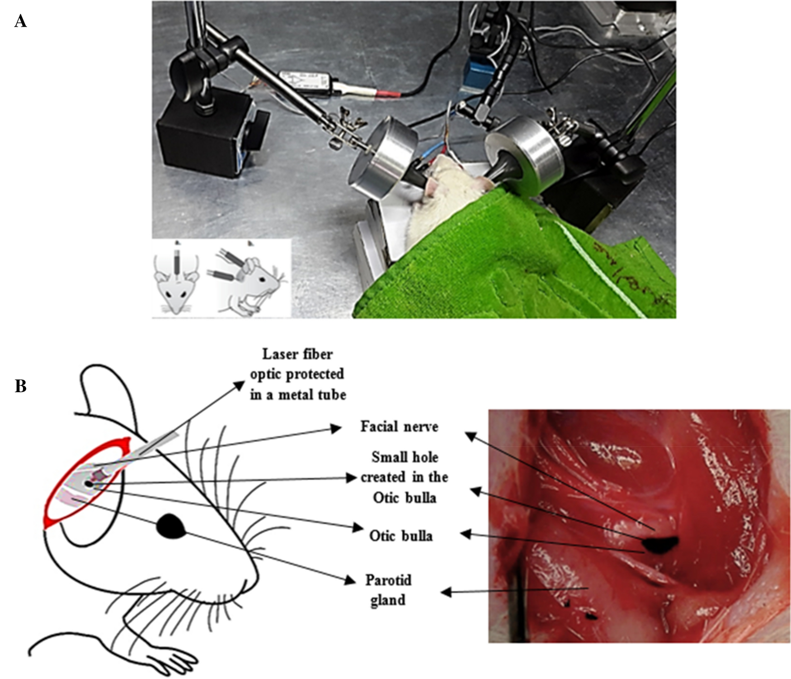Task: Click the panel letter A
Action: click(20, 21)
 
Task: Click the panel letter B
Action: click(20, 386)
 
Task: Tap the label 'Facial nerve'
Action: click(399, 427)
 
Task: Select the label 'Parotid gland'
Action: click(388, 590)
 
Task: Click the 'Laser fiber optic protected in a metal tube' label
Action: click(298, 374)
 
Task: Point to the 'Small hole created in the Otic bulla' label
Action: click(405, 477)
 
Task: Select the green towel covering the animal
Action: click(511, 258)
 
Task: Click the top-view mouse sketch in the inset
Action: click(176, 280)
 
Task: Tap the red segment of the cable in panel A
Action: click(388, 94)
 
